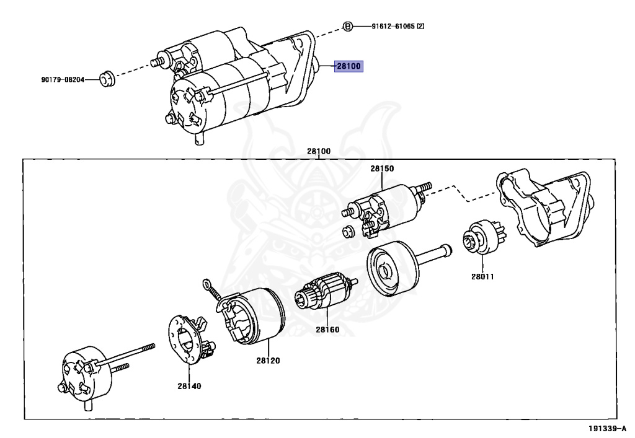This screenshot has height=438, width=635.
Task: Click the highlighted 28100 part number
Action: click(x=347, y=66)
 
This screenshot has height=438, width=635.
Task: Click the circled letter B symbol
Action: click(x=348, y=27)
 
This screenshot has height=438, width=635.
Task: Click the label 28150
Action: click(x=382, y=169)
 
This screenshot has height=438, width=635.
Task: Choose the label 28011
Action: click(x=481, y=276)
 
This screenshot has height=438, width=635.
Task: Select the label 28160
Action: click(x=327, y=330)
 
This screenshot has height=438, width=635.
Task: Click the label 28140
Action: click(x=189, y=385)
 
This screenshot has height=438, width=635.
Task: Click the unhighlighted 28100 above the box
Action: click(x=318, y=151)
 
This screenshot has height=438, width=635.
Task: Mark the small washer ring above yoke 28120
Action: click(x=206, y=284)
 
